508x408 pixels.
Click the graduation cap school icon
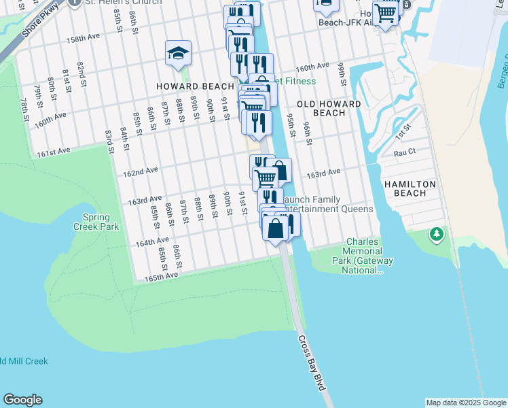178,54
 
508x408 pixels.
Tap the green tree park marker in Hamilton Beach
436,235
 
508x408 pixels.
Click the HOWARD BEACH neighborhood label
195,86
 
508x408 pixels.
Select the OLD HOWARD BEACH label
321,108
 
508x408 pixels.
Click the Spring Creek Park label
101,222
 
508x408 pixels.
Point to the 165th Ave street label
161,275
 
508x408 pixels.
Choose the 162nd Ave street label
141,172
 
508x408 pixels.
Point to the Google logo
22,400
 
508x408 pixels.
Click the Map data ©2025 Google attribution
465,403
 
